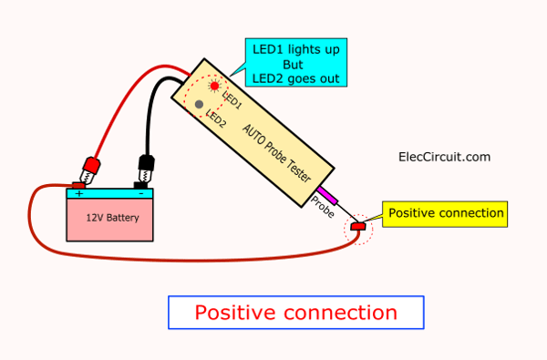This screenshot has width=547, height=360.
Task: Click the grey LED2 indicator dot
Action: click(199, 104)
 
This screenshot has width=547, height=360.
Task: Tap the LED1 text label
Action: click(232, 99)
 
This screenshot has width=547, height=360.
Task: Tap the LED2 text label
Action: click(215, 118)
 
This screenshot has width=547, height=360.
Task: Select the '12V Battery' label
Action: click(108, 218)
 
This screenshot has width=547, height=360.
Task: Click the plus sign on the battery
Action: click(79, 193)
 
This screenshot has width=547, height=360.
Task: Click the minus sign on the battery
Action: click(139, 193)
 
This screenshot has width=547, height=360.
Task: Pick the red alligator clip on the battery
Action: click(90, 169)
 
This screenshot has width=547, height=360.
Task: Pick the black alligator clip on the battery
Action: click(144, 169)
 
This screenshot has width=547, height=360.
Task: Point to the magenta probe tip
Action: click(325, 195)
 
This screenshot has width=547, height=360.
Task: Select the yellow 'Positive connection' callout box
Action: click(445, 213)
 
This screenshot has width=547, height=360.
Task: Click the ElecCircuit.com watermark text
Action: click(445, 157)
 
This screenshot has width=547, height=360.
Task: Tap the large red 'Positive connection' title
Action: click(295, 313)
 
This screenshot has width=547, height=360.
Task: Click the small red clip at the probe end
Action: click(356, 226)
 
